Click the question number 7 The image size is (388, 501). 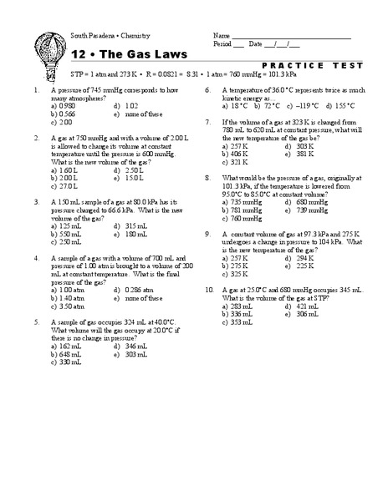click(x=208, y=123)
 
